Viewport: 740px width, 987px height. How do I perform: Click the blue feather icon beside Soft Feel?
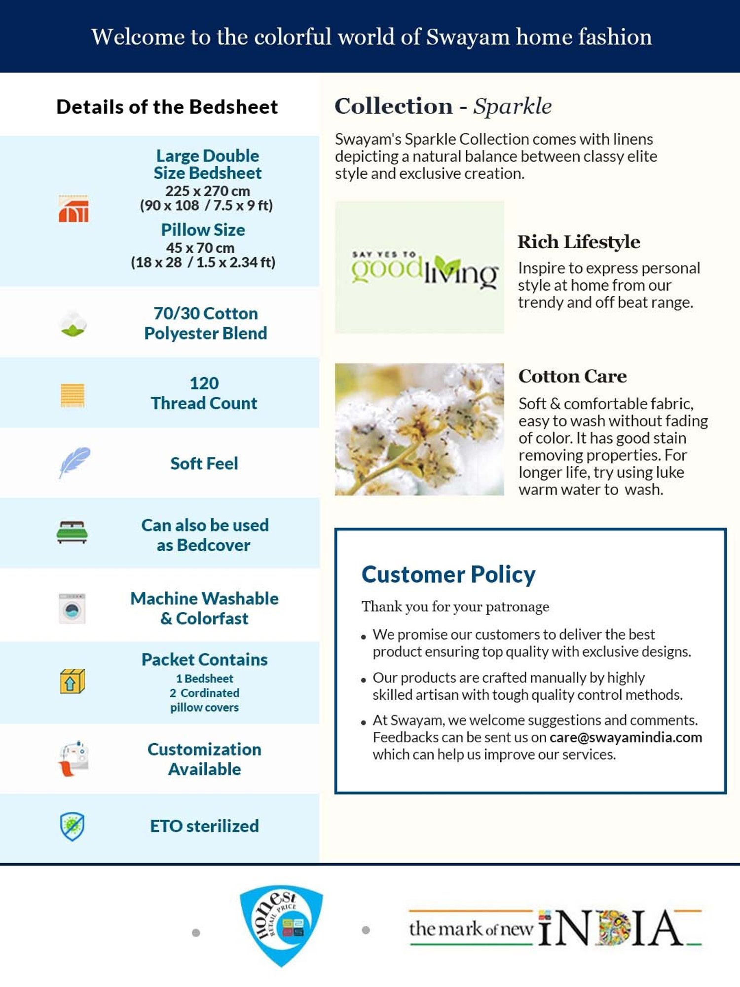point(74,462)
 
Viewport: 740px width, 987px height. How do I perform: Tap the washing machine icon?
point(72,608)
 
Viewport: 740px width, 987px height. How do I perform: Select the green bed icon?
point(72,532)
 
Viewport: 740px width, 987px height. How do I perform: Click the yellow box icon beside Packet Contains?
point(72,681)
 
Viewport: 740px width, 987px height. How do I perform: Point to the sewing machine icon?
point(74,759)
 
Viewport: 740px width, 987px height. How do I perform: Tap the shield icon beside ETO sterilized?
point(72,826)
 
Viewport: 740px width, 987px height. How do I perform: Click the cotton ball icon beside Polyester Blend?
point(73,324)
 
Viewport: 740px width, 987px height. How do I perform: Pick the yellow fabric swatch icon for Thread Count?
point(73,395)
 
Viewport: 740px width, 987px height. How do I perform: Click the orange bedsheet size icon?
point(74,209)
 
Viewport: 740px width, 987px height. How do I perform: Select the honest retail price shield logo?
point(281,925)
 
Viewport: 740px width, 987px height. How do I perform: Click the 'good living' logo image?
point(419,267)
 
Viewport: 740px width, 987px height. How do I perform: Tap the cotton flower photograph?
point(419,429)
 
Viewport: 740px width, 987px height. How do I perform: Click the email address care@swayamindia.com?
point(626,737)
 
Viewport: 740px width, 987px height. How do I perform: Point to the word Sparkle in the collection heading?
point(512,106)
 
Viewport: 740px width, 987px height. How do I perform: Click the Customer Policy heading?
point(448,574)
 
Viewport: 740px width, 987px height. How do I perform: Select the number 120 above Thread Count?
point(204,383)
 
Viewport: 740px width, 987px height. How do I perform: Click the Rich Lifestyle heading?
point(579,242)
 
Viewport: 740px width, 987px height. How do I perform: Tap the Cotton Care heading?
point(572,377)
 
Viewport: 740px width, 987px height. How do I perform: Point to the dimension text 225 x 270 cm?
point(207,191)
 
